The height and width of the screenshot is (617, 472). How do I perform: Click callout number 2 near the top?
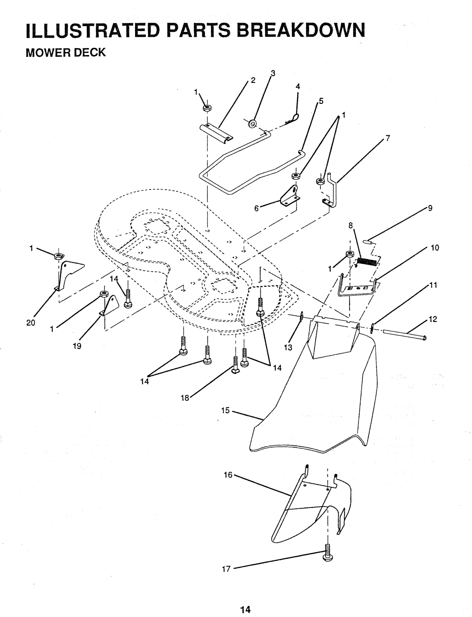pos(253,80)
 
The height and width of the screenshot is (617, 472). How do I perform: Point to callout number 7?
pos(388,138)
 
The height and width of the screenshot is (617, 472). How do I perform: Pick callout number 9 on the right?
pos(430,208)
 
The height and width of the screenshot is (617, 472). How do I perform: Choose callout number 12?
pos(433,319)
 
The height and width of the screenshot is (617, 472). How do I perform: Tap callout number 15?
pos(226,410)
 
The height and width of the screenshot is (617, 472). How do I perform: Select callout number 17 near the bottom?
pos(226,569)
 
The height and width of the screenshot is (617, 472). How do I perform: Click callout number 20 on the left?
pos(31,323)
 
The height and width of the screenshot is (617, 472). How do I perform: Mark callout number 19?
pos(77,346)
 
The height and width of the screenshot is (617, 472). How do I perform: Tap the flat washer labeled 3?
pos(252,123)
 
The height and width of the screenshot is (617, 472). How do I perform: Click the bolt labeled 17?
pos(327,553)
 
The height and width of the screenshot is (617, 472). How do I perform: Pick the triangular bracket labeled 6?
pos(290,196)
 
